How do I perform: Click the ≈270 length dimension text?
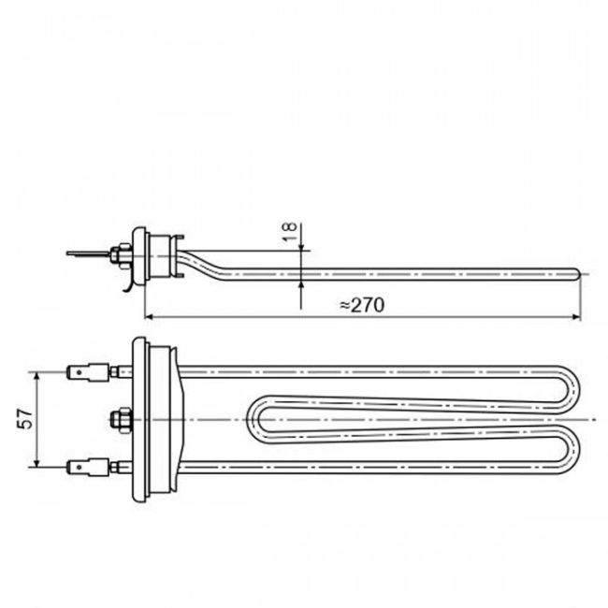tap(361, 305)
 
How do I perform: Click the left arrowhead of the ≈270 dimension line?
tap(149, 317)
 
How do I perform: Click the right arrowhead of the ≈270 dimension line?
tap(576, 317)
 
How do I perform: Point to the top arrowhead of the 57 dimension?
tap(37, 375)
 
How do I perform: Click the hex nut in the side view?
tap(121, 252)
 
